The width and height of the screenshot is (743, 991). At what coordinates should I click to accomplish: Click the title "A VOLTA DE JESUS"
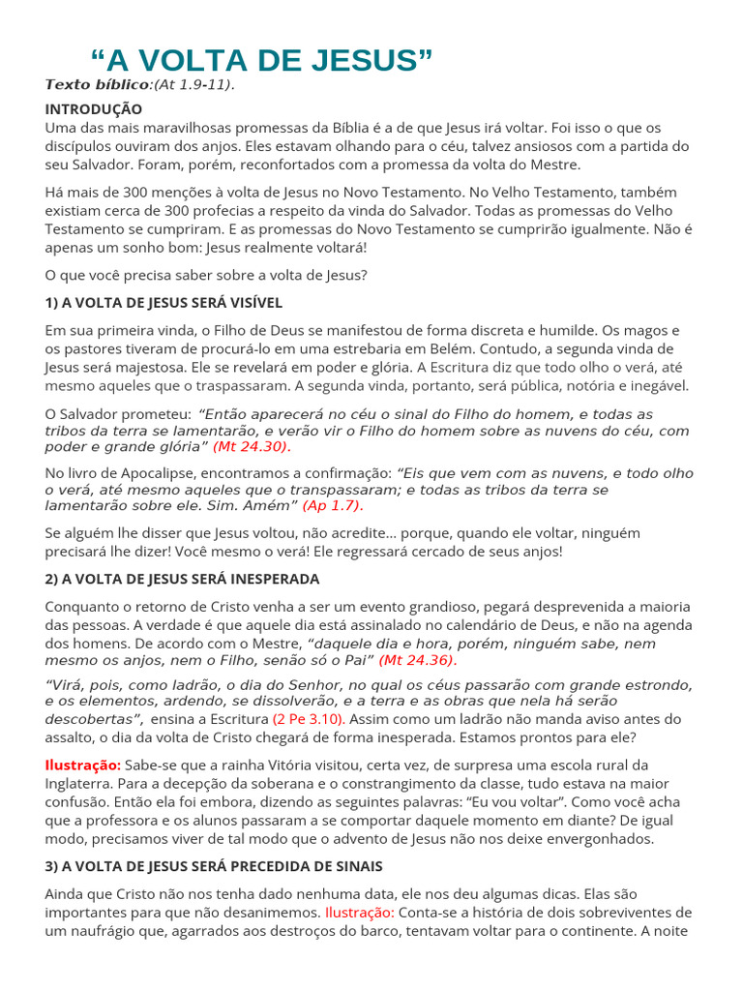point(261,60)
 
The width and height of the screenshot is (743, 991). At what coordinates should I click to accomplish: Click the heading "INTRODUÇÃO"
point(93,109)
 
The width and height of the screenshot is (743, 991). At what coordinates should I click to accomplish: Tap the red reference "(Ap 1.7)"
point(333,505)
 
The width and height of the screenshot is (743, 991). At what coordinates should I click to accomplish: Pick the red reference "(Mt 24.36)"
point(417,660)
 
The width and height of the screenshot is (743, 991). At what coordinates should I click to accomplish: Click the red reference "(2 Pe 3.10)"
point(308,719)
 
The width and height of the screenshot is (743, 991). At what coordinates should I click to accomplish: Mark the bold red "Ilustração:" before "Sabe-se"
point(83,765)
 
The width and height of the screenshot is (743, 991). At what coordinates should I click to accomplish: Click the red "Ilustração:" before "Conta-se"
point(360,913)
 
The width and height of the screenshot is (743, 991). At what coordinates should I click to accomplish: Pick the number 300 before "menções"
point(130,193)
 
